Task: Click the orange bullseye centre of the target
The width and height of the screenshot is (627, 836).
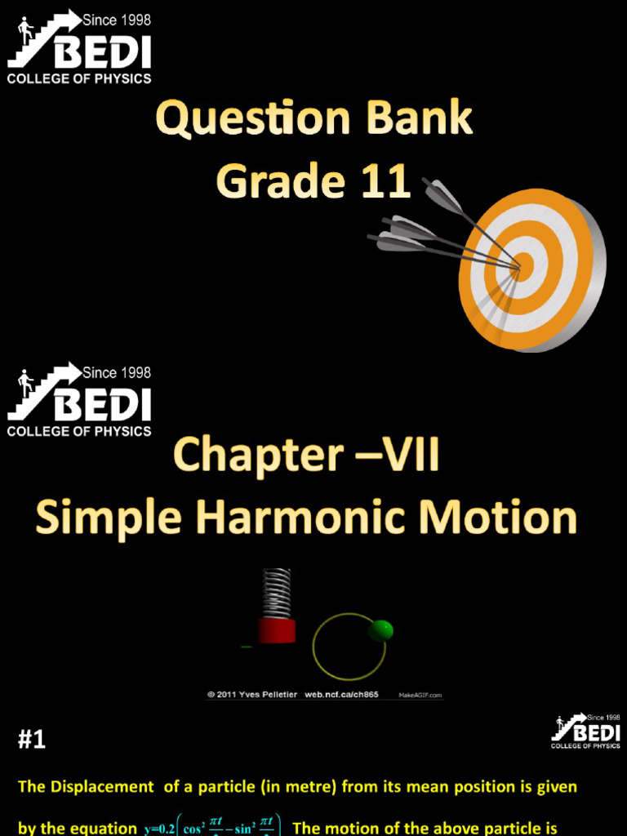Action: pyautogui.click(x=522, y=265)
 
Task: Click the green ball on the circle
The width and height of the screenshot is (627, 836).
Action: pyautogui.click(x=380, y=629)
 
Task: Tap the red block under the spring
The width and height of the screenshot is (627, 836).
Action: pyautogui.click(x=277, y=630)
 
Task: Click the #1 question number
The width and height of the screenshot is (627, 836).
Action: pyautogui.click(x=32, y=740)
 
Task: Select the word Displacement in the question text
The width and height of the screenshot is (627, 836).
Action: pyautogui.click(x=101, y=788)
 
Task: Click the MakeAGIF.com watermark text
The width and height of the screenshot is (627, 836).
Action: pyautogui.click(x=420, y=696)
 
